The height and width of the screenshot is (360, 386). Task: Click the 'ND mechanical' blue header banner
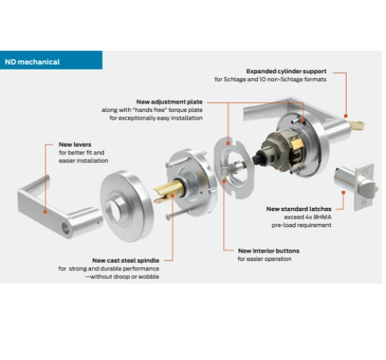[51, 60]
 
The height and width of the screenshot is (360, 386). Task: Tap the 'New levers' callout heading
[75, 144]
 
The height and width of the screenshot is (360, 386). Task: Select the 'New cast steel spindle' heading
[126, 260]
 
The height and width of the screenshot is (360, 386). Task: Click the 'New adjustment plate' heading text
[169, 102]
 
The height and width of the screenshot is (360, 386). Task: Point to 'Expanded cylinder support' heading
[286, 71]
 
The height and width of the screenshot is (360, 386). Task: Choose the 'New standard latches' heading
[299, 209]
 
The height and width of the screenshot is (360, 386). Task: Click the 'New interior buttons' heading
[269, 251]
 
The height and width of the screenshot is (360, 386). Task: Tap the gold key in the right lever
[357, 126]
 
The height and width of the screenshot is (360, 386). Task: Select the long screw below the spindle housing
[178, 214]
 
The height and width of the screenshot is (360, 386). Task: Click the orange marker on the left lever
[46, 212]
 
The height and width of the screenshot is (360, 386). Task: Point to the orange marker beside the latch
[343, 192]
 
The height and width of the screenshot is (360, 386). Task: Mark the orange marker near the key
[346, 116]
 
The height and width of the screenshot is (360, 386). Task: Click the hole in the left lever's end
[66, 229]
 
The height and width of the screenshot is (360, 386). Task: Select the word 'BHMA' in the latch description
[322, 217]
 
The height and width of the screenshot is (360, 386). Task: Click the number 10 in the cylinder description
[262, 80]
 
